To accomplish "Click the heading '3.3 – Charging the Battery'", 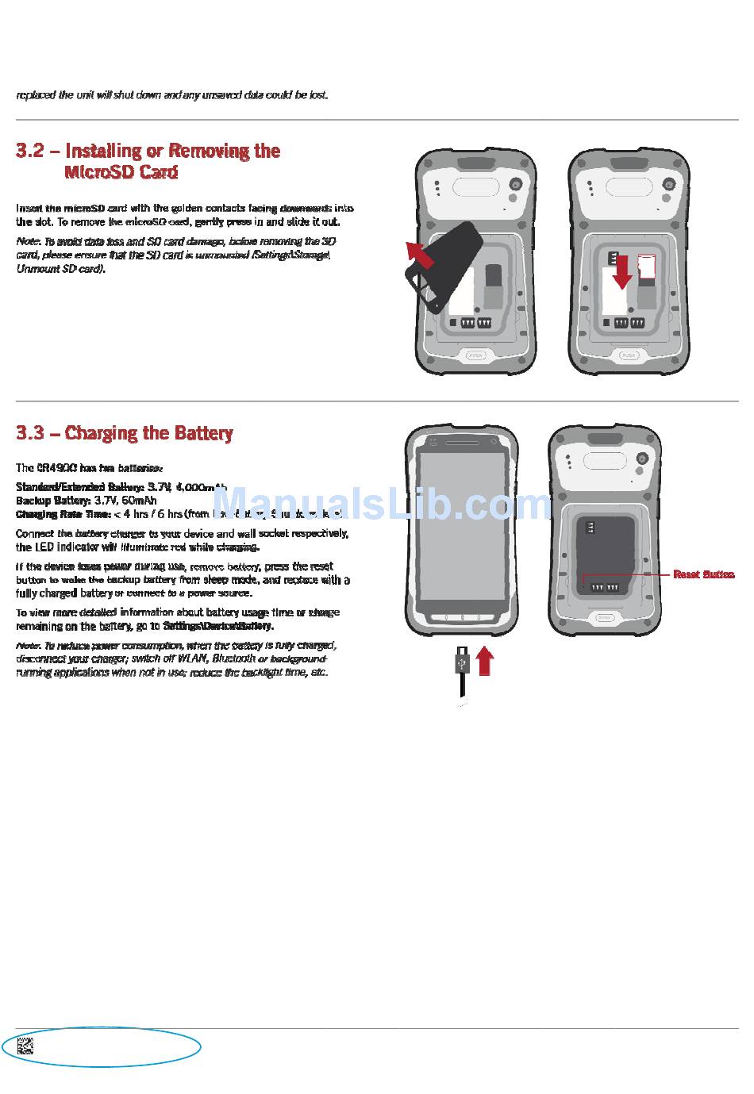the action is click(125, 433).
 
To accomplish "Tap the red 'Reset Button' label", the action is click(703, 574).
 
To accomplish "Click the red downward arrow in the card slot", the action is click(623, 271).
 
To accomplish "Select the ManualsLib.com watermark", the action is click(383, 502).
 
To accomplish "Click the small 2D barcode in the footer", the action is click(25, 1046).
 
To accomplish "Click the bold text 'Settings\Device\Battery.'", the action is click(218, 626).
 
